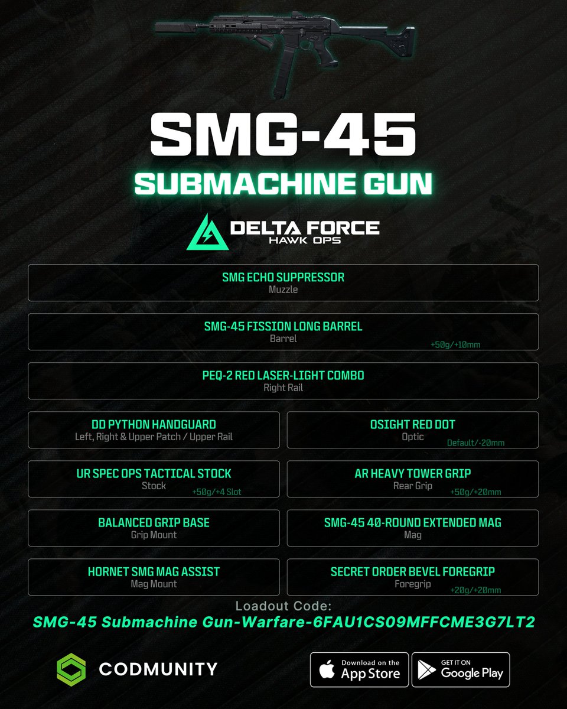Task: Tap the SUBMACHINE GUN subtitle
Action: tap(283, 184)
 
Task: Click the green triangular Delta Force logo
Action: tap(204, 232)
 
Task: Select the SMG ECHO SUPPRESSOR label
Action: tap(283, 277)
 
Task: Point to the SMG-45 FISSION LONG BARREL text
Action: tap(283, 326)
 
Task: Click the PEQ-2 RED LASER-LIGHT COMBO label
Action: tap(283, 375)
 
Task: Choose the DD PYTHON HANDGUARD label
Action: tap(154, 424)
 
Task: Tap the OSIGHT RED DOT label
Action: tap(412, 424)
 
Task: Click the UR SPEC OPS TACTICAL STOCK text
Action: tap(154, 473)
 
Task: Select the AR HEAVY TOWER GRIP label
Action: tap(412, 473)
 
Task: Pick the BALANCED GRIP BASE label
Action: tap(154, 522)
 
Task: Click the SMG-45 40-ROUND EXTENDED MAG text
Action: tap(412, 522)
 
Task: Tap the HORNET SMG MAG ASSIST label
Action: tap(154, 571)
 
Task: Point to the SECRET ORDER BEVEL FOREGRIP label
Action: tap(412, 571)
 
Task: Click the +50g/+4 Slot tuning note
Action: tap(217, 492)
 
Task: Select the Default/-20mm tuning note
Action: tap(475, 443)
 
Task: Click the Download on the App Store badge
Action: tap(359, 669)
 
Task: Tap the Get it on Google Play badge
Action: tap(460, 669)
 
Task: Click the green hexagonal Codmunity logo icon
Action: tap(71, 669)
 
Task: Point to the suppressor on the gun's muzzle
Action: tap(175, 27)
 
